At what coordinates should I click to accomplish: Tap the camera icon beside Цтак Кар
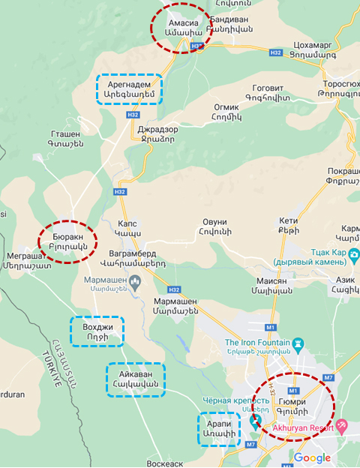click(352, 255)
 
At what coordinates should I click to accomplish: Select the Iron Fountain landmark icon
click(298, 343)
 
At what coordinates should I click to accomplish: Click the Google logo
click(311, 457)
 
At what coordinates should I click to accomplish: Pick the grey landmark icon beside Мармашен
click(136, 282)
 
